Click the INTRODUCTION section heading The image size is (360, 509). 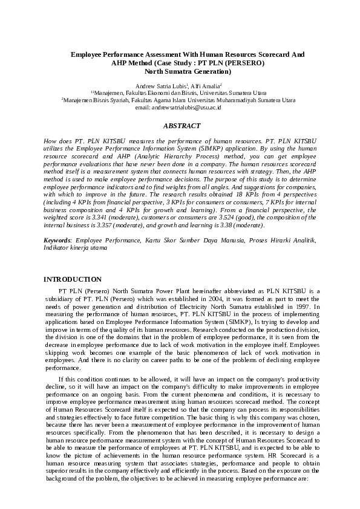coord(73,279)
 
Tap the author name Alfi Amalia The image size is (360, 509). coord(206,86)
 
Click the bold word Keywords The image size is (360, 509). coord(57,240)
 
